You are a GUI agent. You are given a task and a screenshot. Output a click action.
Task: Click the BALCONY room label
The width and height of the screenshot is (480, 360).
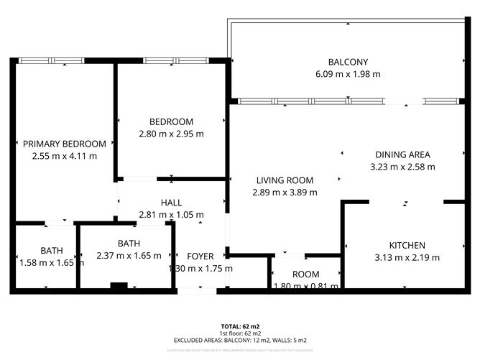[x=348, y=62]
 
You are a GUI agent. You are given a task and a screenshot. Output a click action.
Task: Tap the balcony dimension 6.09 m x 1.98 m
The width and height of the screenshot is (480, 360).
[x=348, y=74]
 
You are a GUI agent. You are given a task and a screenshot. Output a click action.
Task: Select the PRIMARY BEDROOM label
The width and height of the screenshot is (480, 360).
[x=64, y=144]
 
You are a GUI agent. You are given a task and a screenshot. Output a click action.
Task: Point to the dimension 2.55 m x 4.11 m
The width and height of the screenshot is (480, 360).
[x=64, y=156]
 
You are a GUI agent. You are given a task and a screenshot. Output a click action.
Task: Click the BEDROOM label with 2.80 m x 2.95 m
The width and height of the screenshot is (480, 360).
[x=171, y=121]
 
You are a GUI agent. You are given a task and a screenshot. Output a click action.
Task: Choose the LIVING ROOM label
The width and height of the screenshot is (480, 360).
[x=285, y=180]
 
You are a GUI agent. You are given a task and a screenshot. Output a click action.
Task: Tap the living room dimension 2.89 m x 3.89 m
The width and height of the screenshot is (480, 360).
[x=285, y=193]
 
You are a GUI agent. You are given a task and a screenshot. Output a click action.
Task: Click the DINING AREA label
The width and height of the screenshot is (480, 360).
[x=402, y=154]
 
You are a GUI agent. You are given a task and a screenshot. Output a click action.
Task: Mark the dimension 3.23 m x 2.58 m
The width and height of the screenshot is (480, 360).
[x=402, y=167]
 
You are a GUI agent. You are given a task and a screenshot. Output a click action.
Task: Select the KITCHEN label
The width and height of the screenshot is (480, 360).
[x=407, y=245]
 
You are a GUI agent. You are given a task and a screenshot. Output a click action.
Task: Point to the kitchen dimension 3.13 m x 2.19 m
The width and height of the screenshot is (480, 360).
[x=407, y=257]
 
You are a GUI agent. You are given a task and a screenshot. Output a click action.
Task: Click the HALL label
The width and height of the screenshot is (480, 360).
[x=171, y=203]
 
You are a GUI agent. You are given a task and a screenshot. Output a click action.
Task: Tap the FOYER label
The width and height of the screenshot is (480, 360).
[x=200, y=257]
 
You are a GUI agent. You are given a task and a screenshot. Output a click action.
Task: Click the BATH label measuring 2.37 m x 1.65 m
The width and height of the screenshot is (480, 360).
[x=129, y=243]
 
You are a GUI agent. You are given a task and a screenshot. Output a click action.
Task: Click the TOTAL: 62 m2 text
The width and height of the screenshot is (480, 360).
[x=240, y=326]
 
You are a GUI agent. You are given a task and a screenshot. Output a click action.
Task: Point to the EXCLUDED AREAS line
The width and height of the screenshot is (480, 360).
[x=240, y=340]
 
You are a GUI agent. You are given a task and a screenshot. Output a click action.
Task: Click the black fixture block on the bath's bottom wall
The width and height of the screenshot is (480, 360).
[x=119, y=287]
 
